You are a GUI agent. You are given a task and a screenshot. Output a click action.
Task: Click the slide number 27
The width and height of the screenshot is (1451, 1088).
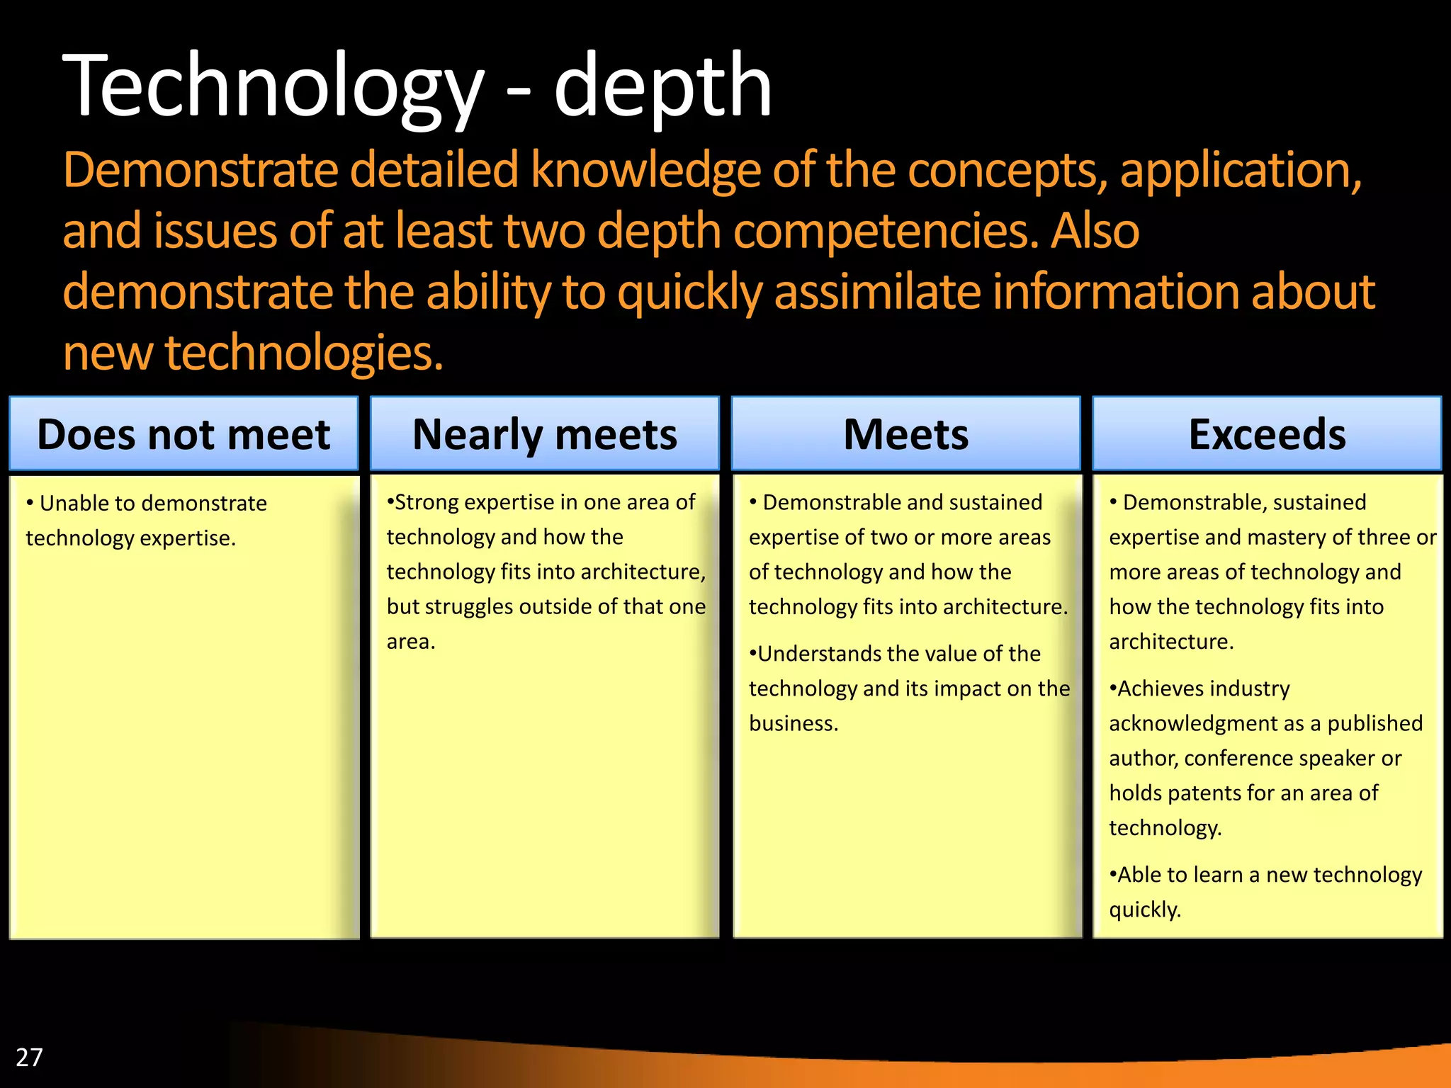click(x=29, y=1057)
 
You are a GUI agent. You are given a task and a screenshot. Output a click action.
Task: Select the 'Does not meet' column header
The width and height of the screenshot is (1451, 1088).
click(x=184, y=434)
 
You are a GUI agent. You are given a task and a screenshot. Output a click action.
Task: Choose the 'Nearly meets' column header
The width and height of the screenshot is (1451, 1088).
click(x=544, y=434)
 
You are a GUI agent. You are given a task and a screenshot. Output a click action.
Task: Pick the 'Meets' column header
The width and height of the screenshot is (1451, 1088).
click(x=905, y=434)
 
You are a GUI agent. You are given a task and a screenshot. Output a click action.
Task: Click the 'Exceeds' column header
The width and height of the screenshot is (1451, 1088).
click(x=1267, y=434)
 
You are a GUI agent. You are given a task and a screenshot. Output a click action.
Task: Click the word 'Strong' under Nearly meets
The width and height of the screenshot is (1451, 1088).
click(x=427, y=502)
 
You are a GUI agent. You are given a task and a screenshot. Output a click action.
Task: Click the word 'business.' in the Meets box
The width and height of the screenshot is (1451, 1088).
click(x=794, y=723)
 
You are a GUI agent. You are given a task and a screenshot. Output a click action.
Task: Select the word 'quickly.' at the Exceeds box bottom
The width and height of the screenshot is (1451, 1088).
click(x=1145, y=909)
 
